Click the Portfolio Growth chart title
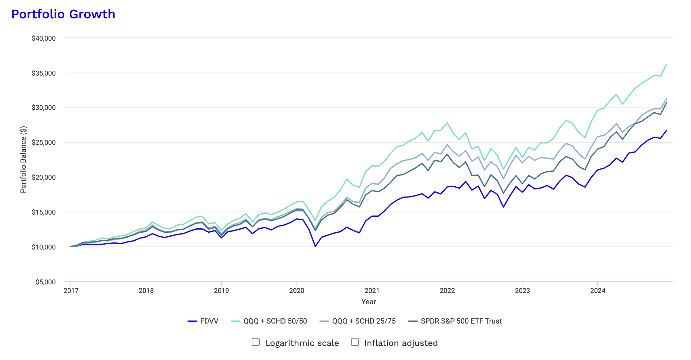63,14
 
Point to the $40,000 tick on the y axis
44,38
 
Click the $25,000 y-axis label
44,142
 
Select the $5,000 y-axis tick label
45,282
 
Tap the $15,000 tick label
44,212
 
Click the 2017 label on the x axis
71,291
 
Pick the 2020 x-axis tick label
296,291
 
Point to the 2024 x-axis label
598,291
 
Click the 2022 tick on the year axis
447,291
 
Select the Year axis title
368,302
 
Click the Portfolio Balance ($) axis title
23,159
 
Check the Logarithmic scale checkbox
256,342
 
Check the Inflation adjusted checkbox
355,342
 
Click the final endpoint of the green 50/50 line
667,64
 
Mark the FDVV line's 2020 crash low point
315,246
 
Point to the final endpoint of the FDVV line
667,130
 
